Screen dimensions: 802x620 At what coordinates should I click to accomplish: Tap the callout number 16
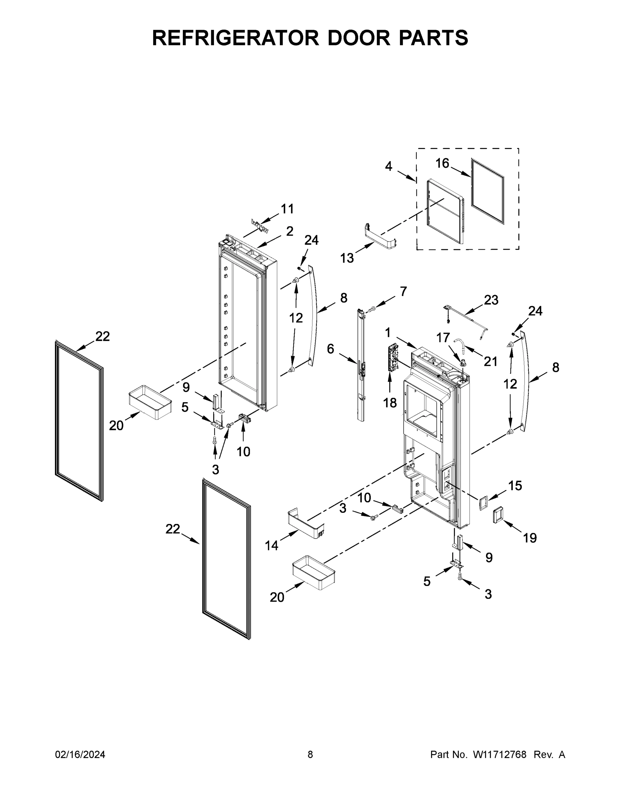(442, 163)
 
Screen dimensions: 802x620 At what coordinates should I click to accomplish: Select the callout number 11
(287, 209)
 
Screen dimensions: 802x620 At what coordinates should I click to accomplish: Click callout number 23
(491, 300)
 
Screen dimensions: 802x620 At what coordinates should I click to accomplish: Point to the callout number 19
(530, 538)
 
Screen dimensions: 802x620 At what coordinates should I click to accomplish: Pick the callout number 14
(272, 546)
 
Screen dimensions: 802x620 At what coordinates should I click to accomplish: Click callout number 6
(331, 349)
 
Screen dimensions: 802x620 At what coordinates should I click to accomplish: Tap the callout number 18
(390, 403)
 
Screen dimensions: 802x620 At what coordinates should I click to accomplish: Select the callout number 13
(347, 258)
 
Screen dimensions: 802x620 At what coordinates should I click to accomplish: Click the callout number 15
(515, 486)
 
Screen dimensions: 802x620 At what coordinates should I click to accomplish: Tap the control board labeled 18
(393, 358)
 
